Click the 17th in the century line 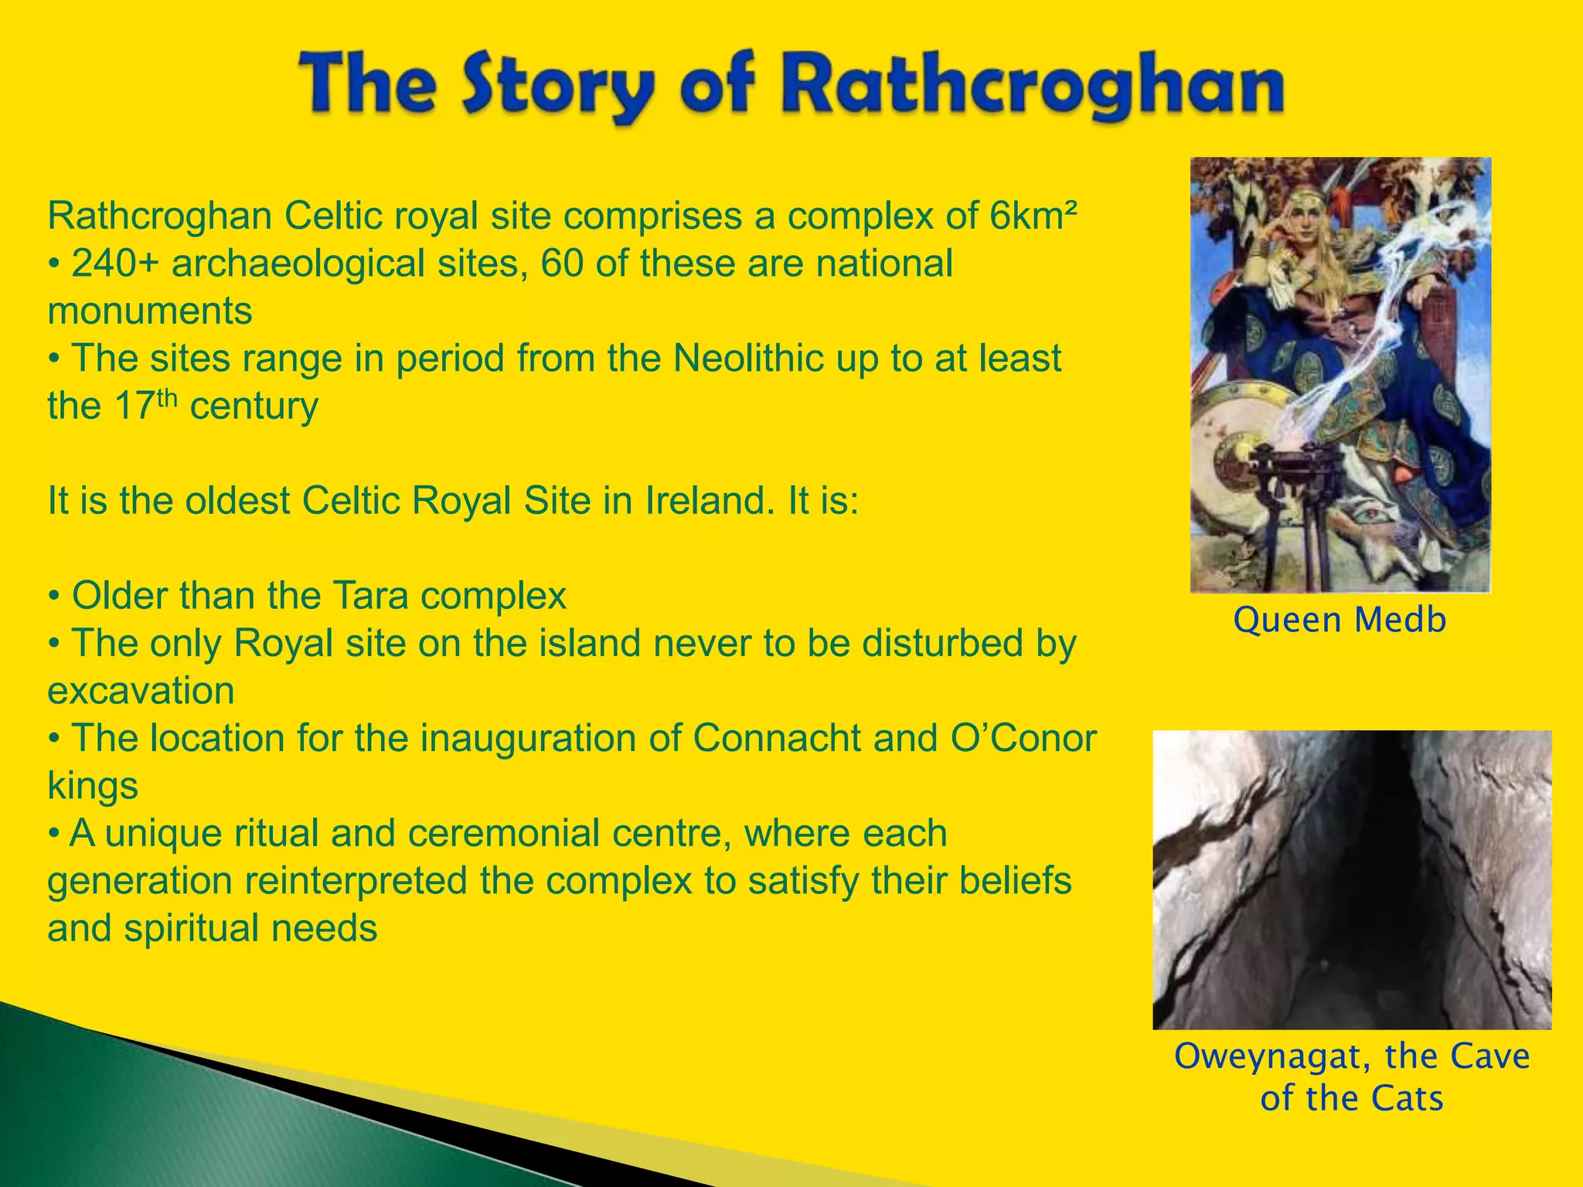[146, 406]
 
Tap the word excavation [141, 691]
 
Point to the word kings [93, 787]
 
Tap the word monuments [150, 311]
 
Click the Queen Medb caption [1340, 621]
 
